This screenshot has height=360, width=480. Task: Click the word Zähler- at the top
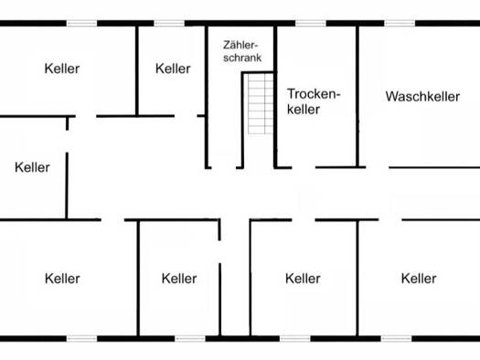pos(240,45)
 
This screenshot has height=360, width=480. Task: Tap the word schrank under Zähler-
pos(242,58)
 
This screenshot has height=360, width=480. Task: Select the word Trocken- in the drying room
pos(314,93)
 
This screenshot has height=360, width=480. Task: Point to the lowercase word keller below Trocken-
pos(304,110)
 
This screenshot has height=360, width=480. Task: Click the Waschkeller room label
pos(422,96)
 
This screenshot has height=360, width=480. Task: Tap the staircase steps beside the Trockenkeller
pos(261,104)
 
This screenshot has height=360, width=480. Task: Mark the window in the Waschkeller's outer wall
pos(400,23)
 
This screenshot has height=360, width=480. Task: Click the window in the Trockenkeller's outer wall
pos(311,23)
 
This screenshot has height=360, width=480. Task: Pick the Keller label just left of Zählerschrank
pos(173,69)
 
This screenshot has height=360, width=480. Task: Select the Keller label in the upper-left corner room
pos(62,69)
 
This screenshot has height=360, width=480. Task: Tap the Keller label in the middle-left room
pos(32,167)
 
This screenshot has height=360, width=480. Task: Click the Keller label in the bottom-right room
pos(419,279)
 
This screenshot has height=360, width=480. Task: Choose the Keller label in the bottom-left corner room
pos(62,279)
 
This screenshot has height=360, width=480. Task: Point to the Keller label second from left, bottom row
pos(179,279)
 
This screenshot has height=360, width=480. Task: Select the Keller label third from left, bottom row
pos(303,279)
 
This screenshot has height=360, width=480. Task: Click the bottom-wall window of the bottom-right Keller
pos(397,339)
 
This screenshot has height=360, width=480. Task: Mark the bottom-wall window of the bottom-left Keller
pos(81,339)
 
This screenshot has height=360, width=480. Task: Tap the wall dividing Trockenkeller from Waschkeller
pos(357,97)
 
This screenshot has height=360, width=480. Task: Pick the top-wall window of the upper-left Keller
pos(81,23)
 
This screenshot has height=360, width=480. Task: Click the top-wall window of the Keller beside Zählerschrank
pos(169,23)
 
